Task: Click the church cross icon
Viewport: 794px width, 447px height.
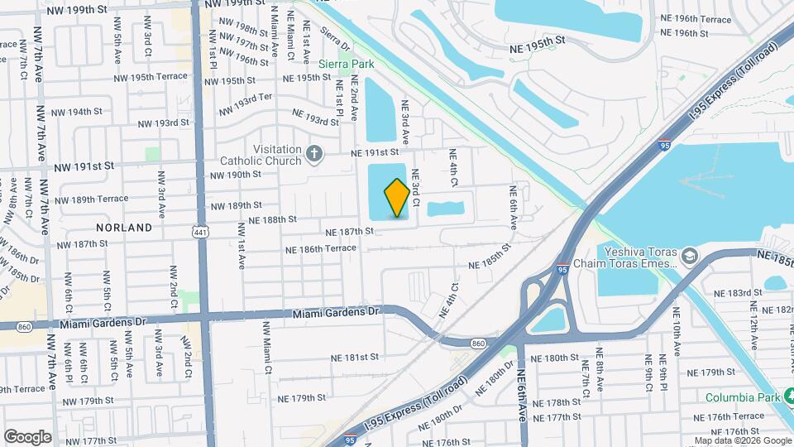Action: [313, 152]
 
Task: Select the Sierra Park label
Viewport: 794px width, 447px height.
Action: [347, 64]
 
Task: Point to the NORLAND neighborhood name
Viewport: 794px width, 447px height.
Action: [125, 227]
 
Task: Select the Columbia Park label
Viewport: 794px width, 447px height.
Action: [744, 397]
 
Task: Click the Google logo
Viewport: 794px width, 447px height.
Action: [27, 436]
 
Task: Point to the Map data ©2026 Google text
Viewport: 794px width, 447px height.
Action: [741, 440]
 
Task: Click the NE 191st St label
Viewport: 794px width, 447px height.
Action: [375, 153]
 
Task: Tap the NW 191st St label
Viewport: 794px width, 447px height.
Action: [84, 166]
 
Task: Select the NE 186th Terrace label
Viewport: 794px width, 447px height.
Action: [321, 249]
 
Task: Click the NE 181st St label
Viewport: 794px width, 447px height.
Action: [354, 357]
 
